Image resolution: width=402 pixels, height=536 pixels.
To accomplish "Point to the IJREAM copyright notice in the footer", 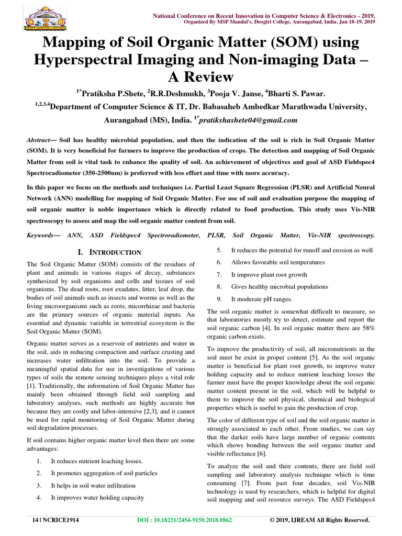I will click(x=320, y=520).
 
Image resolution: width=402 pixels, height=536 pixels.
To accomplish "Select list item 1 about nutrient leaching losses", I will click(x=96, y=461).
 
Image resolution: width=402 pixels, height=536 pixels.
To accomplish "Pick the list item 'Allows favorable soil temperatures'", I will click(x=277, y=262).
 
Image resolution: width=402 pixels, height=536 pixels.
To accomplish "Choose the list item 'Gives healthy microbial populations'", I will click(x=280, y=287).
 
